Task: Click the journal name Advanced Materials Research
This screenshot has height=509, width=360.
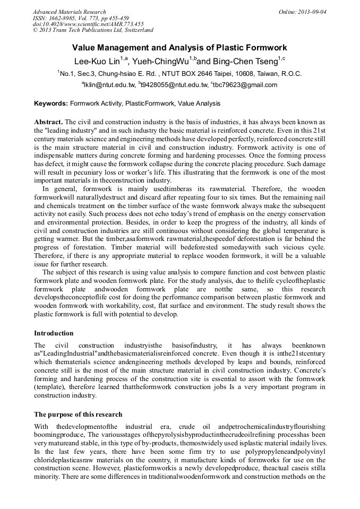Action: (x=69, y=12)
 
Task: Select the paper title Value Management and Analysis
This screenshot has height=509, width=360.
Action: (x=179, y=48)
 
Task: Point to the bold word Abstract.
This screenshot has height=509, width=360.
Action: (x=48, y=122)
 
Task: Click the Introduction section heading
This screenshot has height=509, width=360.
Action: (x=54, y=333)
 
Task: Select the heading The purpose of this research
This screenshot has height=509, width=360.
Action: (x=78, y=415)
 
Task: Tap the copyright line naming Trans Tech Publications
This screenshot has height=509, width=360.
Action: (x=93, y=31)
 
